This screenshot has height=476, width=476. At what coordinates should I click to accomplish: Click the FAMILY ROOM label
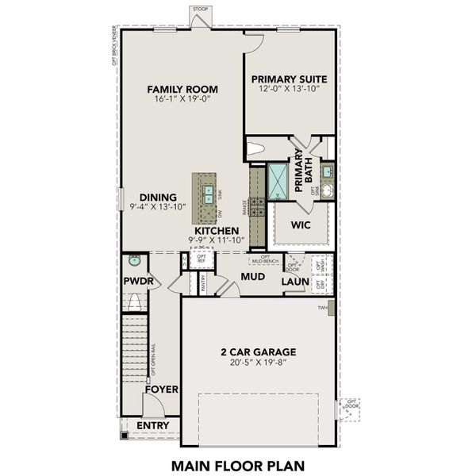tap(182, 89)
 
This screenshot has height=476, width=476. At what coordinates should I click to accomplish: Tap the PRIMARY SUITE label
tap(290, 79)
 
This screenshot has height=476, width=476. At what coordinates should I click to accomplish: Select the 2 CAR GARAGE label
tap(258, 351)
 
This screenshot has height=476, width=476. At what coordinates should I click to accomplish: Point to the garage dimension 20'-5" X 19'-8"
tap(258, 363)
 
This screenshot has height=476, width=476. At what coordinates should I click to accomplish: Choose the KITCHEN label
tap(213, 230)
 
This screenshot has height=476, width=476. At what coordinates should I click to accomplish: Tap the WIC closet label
tap(300, 225)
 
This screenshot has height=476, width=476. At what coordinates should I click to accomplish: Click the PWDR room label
tap(137, 282)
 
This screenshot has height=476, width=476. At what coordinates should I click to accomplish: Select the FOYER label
tap(161, 389)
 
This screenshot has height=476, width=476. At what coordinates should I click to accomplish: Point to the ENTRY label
tap(153, 426)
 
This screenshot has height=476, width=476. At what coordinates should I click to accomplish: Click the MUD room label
tap(252, 276)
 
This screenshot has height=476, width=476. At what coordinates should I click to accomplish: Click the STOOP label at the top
tap(200, 9)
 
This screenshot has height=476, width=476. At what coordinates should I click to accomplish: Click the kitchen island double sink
tap(205, 191)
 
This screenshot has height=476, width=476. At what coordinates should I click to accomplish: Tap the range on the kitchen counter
tap(258, 206)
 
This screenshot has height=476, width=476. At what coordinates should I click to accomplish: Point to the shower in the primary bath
tap(279, 179)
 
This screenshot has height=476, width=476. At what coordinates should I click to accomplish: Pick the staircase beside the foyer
tap(136, 349)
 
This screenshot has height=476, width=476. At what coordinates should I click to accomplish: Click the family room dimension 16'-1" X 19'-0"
tap(182, 101)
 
